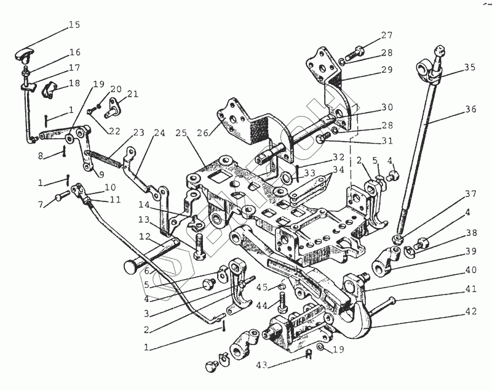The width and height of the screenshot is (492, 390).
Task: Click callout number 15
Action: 74,25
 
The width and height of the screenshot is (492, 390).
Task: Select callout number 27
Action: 386,35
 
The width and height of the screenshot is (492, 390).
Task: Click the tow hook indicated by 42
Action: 357,314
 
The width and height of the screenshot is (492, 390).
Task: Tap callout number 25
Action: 180,133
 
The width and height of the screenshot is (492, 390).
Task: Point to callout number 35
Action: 470,67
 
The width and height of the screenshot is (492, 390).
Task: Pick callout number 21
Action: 133,94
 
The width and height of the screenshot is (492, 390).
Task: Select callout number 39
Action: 470,251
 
